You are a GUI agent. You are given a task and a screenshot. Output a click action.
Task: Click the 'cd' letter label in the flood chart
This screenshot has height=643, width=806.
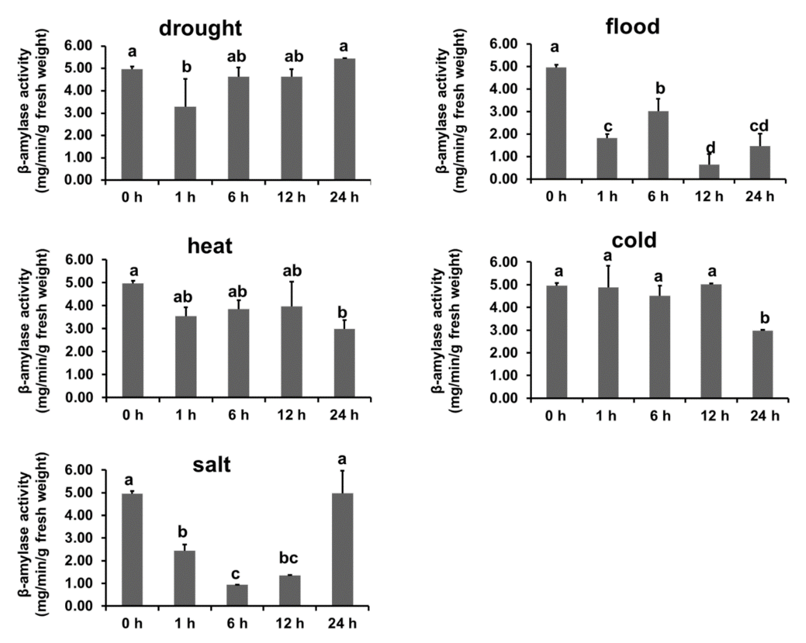point(759,126)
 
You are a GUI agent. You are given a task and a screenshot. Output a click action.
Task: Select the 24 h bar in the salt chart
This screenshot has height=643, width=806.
point(342,549)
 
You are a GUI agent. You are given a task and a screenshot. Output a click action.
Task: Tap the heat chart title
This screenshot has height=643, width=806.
point(210,246)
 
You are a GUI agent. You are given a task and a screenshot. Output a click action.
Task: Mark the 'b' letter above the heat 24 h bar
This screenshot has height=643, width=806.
point(342,313)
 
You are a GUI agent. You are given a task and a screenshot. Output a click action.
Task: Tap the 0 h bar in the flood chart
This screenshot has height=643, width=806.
point(556,123)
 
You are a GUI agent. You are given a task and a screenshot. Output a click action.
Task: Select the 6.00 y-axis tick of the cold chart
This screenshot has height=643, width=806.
point(507,263)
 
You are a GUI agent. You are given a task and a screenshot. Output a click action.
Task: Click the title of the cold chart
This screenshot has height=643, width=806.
point(634,240)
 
